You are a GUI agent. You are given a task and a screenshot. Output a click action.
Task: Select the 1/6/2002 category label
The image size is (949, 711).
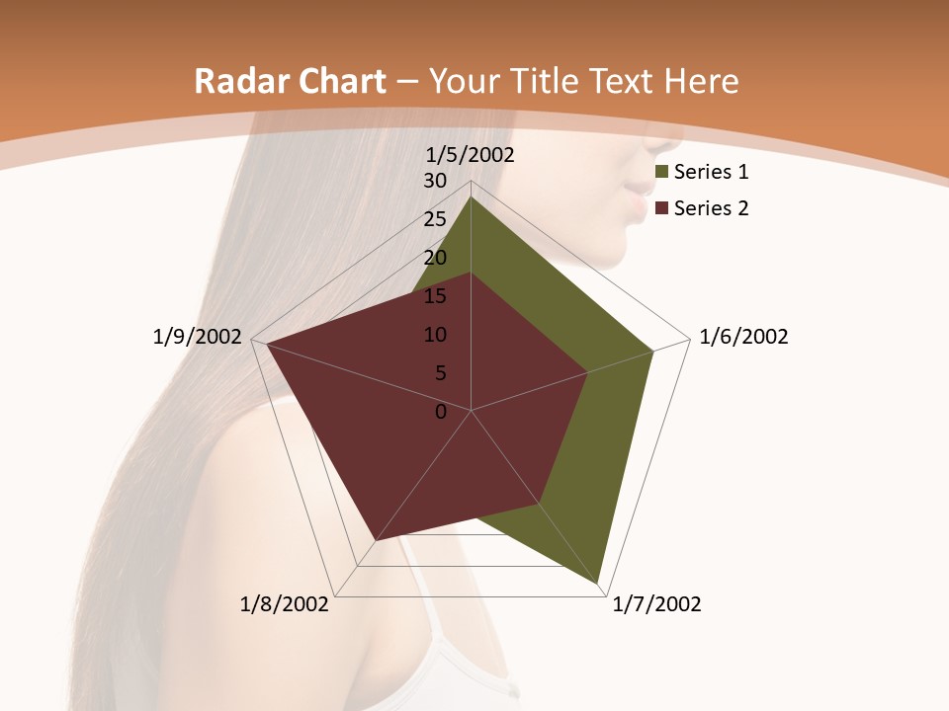point(743,337)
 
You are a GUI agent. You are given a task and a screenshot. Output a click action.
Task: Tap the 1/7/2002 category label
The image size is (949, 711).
point(656,604)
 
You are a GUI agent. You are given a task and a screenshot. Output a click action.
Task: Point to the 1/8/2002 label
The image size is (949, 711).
point(285,604)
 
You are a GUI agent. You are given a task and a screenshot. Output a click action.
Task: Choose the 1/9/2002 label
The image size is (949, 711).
point(198,337)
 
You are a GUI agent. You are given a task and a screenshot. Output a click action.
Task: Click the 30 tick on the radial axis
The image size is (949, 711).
point(435,181)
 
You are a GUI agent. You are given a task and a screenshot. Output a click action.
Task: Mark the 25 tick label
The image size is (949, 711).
point(435,219)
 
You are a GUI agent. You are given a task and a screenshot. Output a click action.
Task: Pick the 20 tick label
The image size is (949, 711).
point(435,258)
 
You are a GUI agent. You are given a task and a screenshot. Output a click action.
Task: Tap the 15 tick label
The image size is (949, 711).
point(435,296)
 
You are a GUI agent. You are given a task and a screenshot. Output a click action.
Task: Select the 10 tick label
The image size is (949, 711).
point(435,335)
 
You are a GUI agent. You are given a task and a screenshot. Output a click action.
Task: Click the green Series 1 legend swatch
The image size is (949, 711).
point(661,173)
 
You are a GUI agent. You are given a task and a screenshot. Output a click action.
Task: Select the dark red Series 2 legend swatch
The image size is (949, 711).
point(661,208)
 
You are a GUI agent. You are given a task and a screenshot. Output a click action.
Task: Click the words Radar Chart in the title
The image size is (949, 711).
point(290,81)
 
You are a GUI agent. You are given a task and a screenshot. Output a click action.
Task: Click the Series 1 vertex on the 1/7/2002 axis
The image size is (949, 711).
point(598,583)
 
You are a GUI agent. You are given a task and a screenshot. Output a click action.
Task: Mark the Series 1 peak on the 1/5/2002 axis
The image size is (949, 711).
point(471,197)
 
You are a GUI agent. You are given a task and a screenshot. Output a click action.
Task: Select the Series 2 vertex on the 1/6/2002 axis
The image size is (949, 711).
point(587,372)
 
